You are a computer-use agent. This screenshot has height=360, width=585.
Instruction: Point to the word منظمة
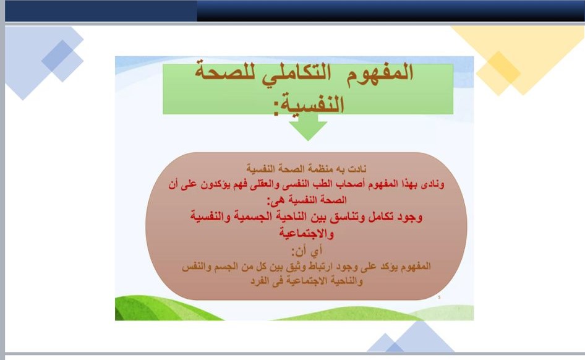[x=322, y=169]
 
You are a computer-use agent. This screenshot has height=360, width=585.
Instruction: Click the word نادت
[x=357, y=169]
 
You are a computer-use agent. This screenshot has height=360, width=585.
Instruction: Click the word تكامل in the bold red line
[x=380, y=216]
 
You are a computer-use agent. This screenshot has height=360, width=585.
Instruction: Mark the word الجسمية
[x=255, y=216]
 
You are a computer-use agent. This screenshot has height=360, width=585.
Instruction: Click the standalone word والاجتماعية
[x=306, y=234]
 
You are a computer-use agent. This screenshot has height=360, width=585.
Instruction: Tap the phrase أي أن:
[x=306, y=251]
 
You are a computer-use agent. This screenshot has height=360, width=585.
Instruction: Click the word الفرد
[x=260, y=281]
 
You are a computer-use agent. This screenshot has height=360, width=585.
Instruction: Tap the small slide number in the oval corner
[x=439, y=298]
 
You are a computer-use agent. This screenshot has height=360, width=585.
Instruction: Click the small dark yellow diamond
[x=498, y=68]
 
